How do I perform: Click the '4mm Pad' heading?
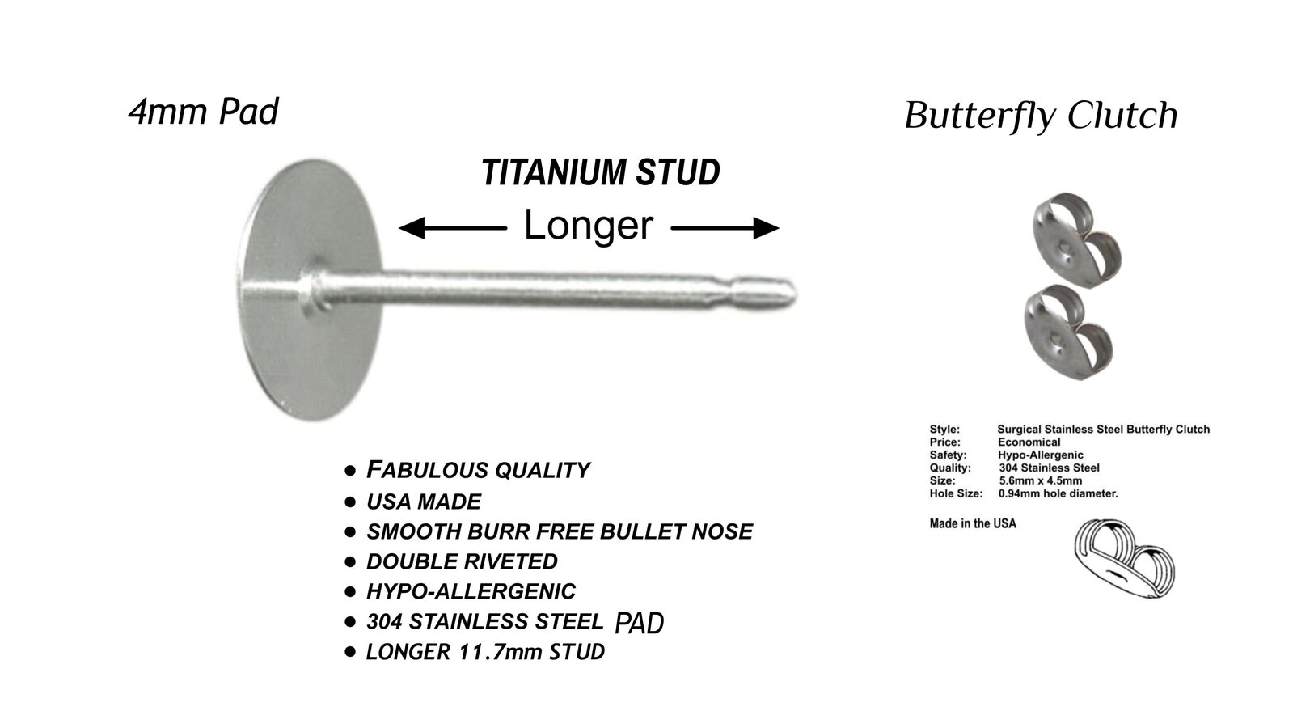[203, 112]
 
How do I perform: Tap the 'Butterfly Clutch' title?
[1041, 116]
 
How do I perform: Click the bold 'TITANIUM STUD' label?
[601, 172]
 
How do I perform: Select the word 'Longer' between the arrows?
[589, 225]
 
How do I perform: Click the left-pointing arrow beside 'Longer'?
[453, 228]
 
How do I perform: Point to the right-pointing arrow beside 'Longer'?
[725, 228]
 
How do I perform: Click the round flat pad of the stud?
[311, 290]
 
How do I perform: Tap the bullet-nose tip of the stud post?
[791, 294]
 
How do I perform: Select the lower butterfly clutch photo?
[1068, 332]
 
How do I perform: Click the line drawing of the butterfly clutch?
[1124, 557]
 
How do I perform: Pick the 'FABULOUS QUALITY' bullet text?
[478, 470]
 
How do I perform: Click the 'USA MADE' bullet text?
[424, 502]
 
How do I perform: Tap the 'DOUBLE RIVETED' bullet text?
[462, 561]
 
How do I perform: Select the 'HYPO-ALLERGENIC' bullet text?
[471, 591]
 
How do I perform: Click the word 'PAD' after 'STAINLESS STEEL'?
[640, 623]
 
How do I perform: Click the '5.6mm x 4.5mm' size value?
[1041, 481]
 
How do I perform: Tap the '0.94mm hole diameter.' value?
[1058, 493]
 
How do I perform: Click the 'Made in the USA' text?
[973, 523]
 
